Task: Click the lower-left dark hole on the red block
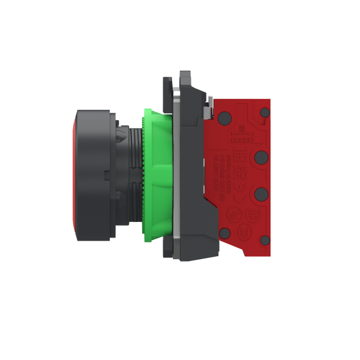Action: click(x=224, y=233)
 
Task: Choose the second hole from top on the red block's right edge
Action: click(x=261, y=157)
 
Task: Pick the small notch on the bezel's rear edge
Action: click(x=106, y=175)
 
